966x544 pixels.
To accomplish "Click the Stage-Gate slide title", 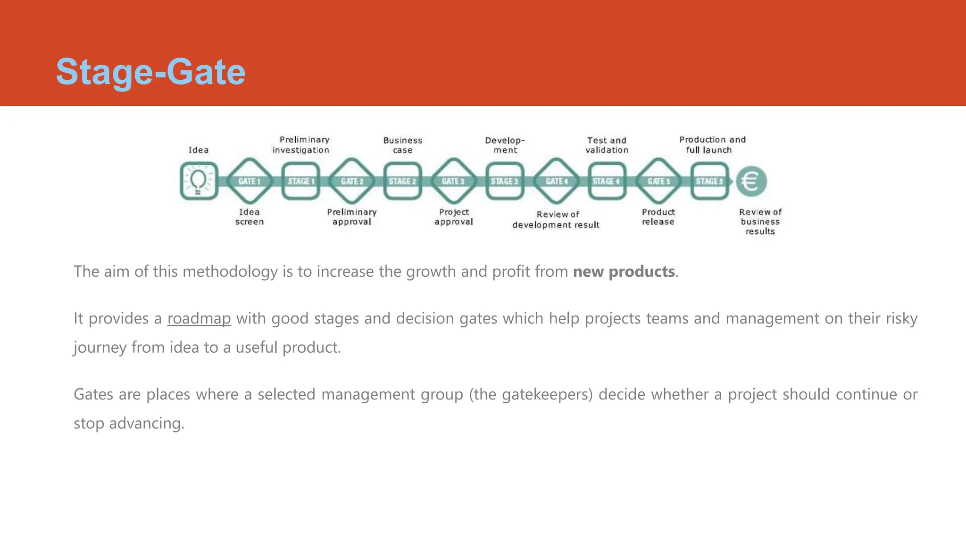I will point(150,72).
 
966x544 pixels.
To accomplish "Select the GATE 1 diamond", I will point(250,181).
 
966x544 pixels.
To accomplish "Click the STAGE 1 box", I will point(301,181).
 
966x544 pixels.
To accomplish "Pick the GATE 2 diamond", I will point(352,181).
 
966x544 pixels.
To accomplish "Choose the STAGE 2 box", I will point(402,181).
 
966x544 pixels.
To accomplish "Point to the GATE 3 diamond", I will point(453,181).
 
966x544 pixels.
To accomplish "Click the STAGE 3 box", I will point(505,181).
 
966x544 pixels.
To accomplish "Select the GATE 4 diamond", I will point(557,181).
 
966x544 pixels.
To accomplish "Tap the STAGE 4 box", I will point(607,181).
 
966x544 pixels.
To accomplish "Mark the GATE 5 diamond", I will point(658,181).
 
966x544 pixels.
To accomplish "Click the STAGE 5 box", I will point(709,181).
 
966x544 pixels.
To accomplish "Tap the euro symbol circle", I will point(751,181).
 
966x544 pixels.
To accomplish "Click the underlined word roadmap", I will point(199,319).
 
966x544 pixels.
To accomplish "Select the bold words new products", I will point(624,272).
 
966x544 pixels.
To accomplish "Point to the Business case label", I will point(403,145).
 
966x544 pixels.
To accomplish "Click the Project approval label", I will point(454,217).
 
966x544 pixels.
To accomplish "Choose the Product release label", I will point(658,217).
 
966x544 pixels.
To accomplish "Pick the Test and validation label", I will point(607,145).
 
